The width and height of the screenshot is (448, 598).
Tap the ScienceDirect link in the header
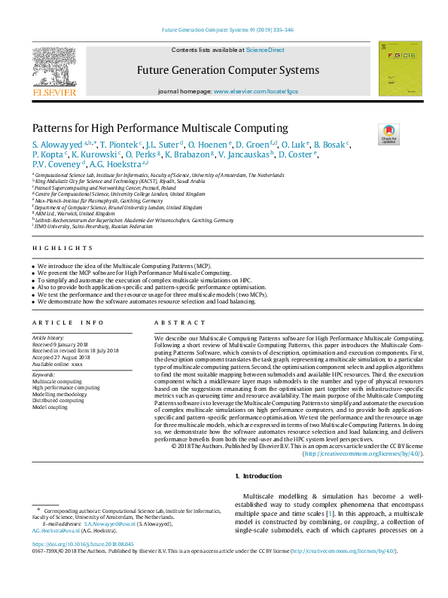click(266, 50)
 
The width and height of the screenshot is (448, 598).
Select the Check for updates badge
click(389, 133)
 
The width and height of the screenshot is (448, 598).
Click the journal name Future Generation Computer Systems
click(227, 71)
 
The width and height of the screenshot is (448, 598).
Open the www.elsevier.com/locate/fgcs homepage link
click(256, 91)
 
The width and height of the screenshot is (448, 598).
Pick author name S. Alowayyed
click(57, 144)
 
